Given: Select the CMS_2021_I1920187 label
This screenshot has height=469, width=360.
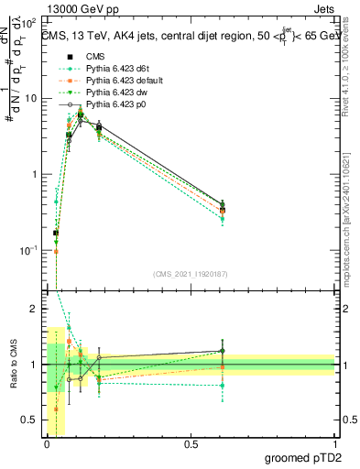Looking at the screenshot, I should (x=191, y=273).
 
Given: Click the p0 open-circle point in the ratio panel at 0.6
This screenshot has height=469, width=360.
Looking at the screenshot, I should (x=222, y=351).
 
